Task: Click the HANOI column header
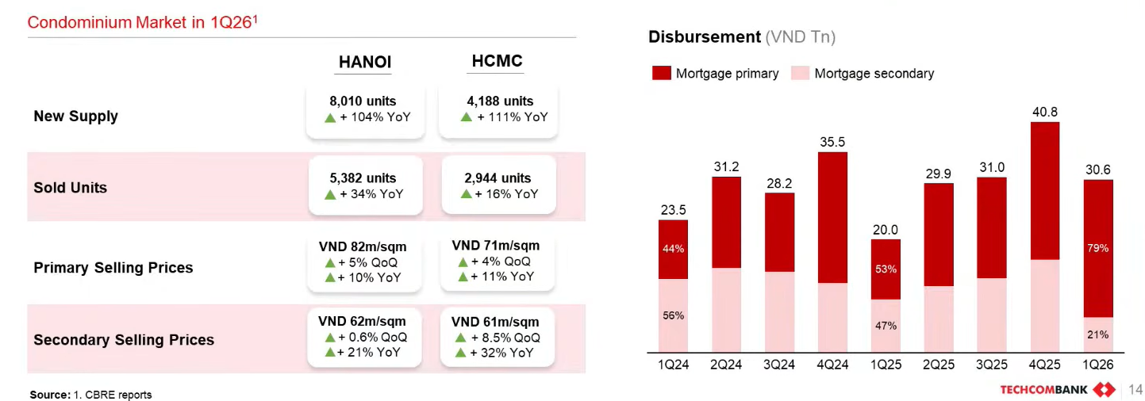pos(365,63)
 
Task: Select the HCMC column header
pos(497,62)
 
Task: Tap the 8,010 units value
pos(363,101)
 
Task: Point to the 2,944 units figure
pos(498,178)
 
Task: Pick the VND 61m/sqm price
pos(495,322)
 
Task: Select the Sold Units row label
pos(70,188)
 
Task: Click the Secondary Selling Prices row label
pos(124,340)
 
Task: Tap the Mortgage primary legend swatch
pos(662,74)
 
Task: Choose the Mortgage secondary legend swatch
pos(800,74)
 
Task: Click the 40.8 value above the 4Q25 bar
pos(1044,113)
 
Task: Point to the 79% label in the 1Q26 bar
pos(1098,249)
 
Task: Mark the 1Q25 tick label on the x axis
pos(886,365)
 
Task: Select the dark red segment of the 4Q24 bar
pos(832,217)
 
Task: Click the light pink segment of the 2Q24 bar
pos(726,310)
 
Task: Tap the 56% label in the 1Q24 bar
pos(673,315)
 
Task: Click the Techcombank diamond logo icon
pos(1104,389)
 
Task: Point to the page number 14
pos(1135,389)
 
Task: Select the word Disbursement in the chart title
pos(705,37)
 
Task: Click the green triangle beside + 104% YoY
pos(330,117)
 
